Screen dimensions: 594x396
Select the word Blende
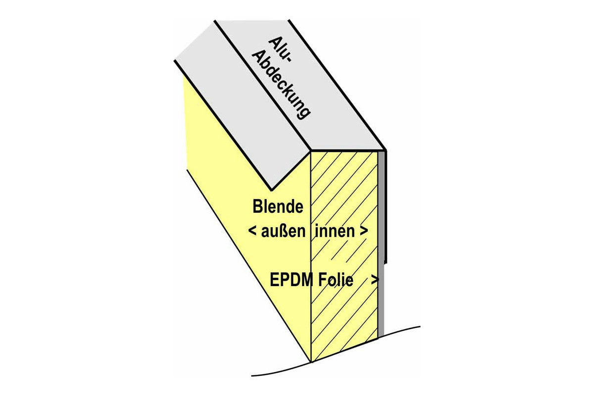point(278,206)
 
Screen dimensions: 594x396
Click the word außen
point(283,231)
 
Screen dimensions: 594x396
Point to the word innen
point(335,231)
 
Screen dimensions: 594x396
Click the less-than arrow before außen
point(252,232)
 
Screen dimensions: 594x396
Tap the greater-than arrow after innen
point(364,232)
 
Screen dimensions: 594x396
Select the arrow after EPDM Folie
point(375,280)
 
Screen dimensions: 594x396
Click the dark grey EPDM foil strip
point(381,244)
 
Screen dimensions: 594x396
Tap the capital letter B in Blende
point(257,206)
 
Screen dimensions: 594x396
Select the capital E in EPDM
point(274,280)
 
